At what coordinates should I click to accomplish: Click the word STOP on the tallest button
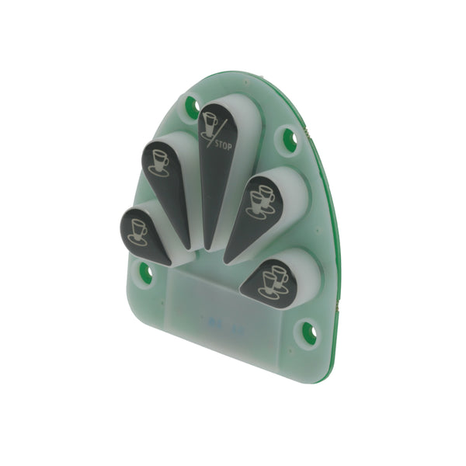(x=223, y=146)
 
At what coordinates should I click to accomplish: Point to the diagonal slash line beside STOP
(x=217, y=133)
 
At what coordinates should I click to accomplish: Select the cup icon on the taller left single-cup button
(x=159, y=163)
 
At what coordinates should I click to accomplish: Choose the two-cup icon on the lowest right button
(x=273, y=282)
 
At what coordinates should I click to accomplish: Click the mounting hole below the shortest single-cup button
(x=146, y=273)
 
